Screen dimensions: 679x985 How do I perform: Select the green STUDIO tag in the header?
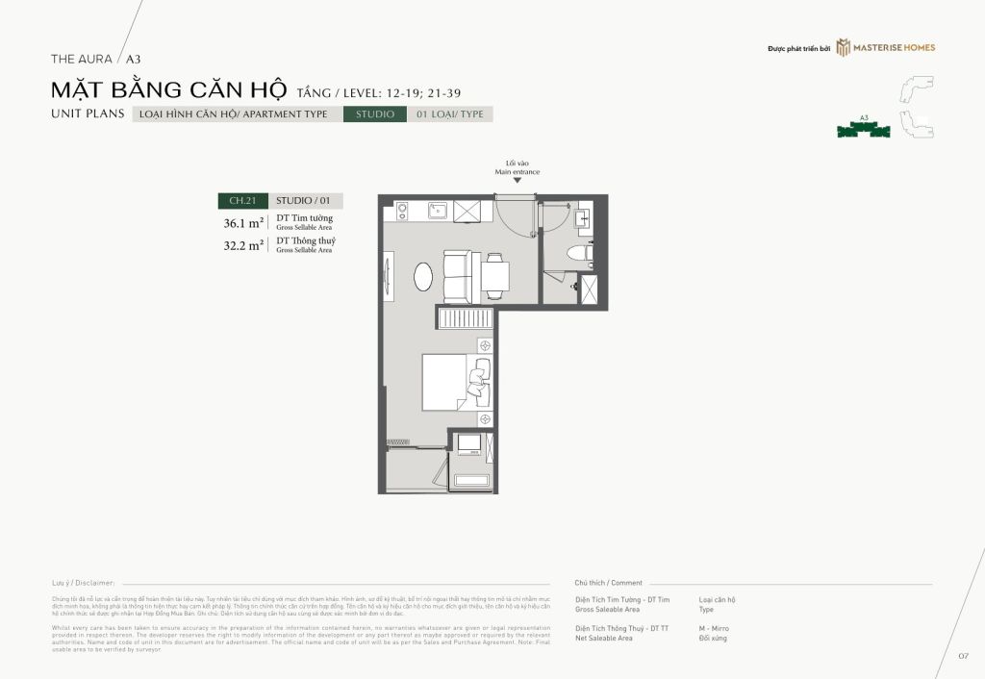[375, 114]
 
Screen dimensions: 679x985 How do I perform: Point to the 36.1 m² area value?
[243, 222]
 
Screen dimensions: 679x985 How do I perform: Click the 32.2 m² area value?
[243, 245]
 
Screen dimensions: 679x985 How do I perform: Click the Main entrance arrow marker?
[518, 181]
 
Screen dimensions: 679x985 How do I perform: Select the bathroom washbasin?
[583, 219]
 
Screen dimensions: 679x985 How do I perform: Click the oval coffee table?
[423, 276]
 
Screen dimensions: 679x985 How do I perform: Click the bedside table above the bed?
[485, 344]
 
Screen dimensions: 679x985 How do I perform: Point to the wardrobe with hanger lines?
[466, 318]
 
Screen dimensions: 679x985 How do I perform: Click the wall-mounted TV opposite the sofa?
[388, 275]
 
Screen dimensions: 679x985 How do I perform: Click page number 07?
[962, 656]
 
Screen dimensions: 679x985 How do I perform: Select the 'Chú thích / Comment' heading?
[608, 583]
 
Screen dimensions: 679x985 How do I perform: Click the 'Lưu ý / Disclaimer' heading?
[84, 583]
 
